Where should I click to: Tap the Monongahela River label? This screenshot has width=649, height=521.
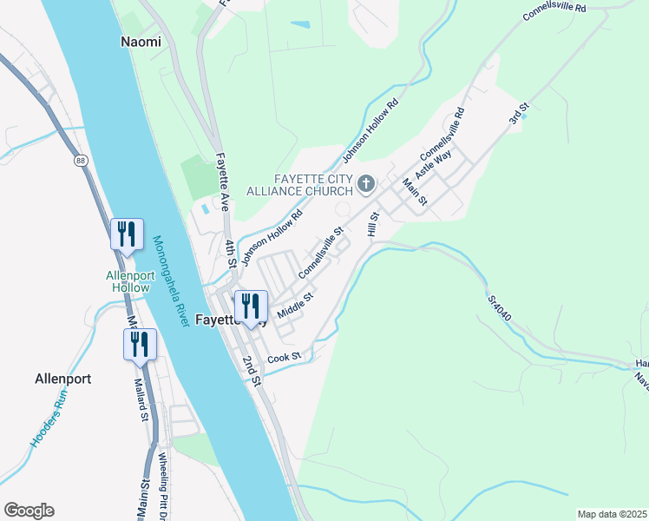coord(171,281)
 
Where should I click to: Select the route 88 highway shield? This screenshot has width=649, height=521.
coord(81,161)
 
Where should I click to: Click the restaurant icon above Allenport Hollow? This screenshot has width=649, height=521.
coord(127,234)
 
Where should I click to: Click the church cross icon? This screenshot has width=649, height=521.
coord(366,183)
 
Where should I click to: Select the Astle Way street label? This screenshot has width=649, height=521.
coord(434,162)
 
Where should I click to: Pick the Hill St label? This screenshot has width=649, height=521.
coord(374,224)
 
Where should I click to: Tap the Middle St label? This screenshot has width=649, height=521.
coord(295,306)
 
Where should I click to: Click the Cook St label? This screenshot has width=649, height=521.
coord(284,357)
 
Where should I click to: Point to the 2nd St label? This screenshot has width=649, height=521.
coord(252,370)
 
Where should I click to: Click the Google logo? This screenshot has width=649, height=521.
coord(29,511)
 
